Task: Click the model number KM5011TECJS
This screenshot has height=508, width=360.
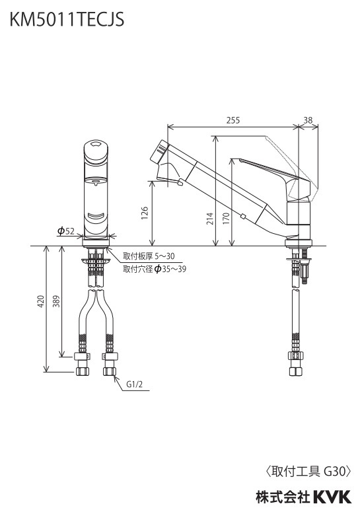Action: pos(67,19)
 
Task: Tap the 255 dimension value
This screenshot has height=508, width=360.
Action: pos(233,120)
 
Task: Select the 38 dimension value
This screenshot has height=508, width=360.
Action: pos(308,120)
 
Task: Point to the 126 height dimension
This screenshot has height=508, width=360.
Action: pos(145,213)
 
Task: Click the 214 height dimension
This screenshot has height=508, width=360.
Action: pos(210,219)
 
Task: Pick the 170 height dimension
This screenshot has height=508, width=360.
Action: pos(226,219)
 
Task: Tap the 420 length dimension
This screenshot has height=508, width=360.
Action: pos(40,302)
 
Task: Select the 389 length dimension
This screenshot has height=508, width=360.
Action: pos(57,302)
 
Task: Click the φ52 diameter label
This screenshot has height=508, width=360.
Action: pos(66,231)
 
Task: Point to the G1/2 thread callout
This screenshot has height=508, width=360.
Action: pos(134,384)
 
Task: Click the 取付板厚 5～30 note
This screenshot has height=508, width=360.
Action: pos(149,256)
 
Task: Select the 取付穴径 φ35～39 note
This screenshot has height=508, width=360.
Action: pos(155,269)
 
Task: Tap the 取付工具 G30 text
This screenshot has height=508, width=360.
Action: pos(308,471)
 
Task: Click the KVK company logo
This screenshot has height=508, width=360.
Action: pos(332,497)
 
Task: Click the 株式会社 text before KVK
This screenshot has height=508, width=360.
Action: pos(283,497)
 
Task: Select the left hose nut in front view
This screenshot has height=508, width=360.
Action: pos(83,371)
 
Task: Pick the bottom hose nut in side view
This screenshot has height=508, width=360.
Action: pos(295,371)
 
